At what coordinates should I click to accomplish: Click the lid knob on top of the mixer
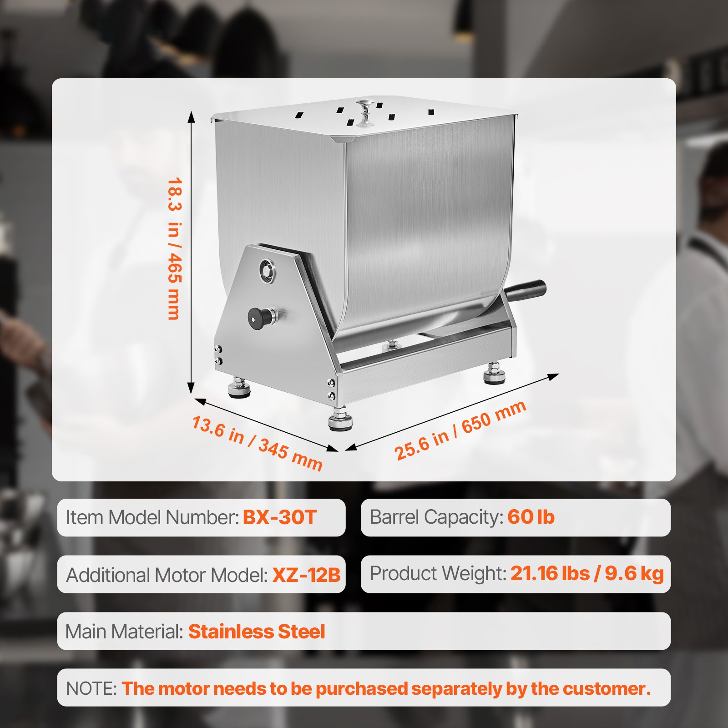365,112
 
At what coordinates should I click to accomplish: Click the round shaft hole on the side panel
267,271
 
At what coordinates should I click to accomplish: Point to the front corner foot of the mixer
340,419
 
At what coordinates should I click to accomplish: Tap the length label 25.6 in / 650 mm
460,430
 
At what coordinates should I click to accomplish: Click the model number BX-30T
279,517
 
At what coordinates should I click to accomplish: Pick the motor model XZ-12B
306,575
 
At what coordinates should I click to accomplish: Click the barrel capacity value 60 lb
531,517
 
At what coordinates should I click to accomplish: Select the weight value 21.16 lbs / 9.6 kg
586,573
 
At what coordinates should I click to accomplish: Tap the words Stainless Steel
257,632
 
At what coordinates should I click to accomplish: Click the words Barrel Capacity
435,517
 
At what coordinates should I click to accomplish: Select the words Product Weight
437,573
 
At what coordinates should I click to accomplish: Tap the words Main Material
124,632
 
